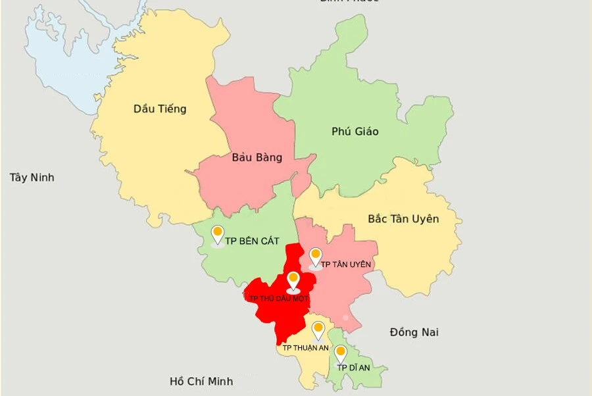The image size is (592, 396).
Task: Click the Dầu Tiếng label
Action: (x=160, y=109)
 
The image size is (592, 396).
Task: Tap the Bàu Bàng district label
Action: (x=257, y=157)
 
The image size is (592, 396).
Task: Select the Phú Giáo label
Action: (x=355, y=132)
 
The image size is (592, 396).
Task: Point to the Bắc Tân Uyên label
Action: (x=403, y=218)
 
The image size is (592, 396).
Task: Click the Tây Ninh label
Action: (x=32, y=178)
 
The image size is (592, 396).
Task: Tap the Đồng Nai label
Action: (x=414, y=332)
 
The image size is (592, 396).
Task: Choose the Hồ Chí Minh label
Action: (x=201, y=381)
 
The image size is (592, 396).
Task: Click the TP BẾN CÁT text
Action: (x=252, y=242)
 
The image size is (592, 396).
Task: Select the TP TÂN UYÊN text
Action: (x=346, y=264)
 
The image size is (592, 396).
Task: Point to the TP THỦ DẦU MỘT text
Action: (x=279, y=299)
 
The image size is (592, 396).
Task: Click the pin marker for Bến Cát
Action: (x=218, y=234)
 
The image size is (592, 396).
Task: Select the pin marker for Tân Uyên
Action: (x=316, y=256)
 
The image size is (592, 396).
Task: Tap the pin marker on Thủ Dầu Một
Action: (x=293, y=280)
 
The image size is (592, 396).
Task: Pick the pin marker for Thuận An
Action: (x=318, y=329)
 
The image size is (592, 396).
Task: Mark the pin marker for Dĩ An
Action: (x=341, y=353)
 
